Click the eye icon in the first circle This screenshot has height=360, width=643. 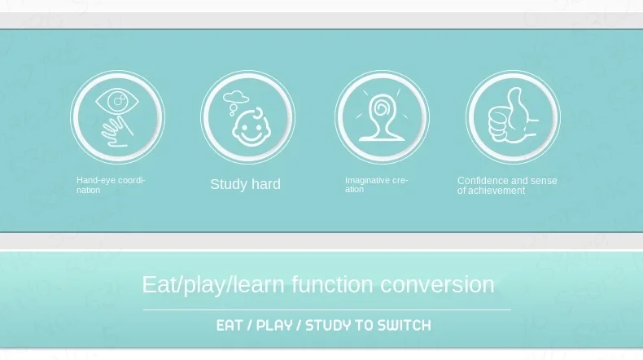(x=117, y=101)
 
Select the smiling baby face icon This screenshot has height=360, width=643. (x=252, y=127)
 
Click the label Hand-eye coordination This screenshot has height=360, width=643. (x=111, y=185)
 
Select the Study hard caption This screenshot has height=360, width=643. (x=245, y=184)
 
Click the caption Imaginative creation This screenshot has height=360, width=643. (x=376, y=185)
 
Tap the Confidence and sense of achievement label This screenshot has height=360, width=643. (x=507, y=186)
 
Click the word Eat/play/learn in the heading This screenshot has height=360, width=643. (x=212, y=284)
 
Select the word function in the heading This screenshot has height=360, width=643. (x=332, y=284)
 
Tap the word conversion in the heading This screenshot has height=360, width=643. (x=437, y=284)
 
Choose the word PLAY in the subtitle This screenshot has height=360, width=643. (x=274, y=326)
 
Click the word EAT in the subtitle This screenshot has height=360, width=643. (x=230, y=326)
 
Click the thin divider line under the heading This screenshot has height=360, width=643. (x=327, y=310)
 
